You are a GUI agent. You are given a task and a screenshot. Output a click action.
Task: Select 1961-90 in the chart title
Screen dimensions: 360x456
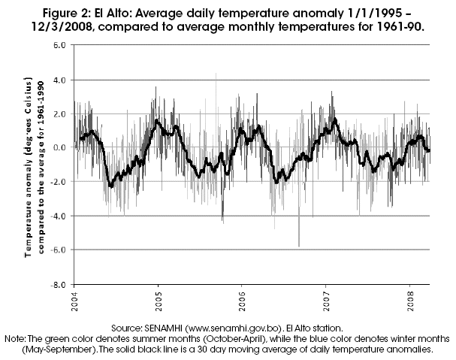pyautogui.click(x=394, y=25)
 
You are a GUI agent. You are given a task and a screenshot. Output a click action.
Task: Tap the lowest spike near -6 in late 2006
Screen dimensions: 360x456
pyautogui.click(x=299, y=244)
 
